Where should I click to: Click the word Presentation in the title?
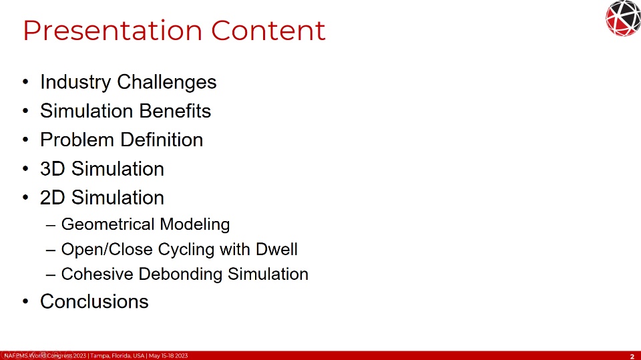(113, 31)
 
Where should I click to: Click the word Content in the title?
(268, 30)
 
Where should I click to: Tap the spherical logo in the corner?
(623, 19)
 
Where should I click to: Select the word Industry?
(75, 82)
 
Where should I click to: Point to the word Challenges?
(167, 82)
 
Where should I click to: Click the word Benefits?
(175, 111)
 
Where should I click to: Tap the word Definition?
(162, 140)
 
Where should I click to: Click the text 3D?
(53, 169)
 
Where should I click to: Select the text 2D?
(53, 198)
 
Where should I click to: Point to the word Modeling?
(195, 224)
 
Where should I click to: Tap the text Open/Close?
(107, 250)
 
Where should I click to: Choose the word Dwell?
(276, 249)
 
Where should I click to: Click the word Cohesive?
(97, 274)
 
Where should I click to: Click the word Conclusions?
(94, 301)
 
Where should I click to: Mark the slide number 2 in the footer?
(632, 356)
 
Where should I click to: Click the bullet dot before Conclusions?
(26, 301)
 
